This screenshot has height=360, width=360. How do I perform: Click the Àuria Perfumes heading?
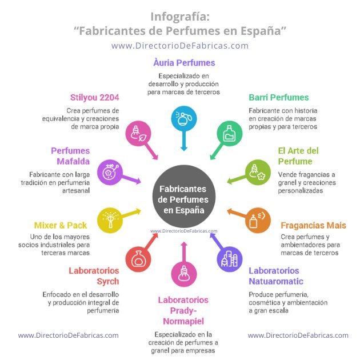[x=184, y=63]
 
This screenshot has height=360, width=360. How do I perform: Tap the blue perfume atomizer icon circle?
[x=184, y=118]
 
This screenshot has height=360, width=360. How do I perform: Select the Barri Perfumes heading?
[x=279, y=97]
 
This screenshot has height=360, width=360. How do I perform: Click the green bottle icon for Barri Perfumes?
[x=230, y=134]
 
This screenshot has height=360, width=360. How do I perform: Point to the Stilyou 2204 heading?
[x=95, y=97]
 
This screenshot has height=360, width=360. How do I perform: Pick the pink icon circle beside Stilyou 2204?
[x=138, y=134]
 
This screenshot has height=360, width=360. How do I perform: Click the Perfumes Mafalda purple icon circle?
[x=110, y=173]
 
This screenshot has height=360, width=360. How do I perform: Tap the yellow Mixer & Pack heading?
[x=61, y=226]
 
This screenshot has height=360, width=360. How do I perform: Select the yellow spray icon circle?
[x=110, y=221]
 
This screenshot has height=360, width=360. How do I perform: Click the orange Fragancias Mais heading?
[x=313, y=226]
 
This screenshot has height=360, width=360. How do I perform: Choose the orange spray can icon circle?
[x=258, y=221]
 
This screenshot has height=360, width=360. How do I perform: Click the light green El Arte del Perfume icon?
[x=258, y=173]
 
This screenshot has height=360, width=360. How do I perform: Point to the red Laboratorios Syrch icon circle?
[x=138, y=259]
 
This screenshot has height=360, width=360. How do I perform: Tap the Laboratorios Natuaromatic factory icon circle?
[x=230, y=259]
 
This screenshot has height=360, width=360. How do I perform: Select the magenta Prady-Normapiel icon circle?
[x=184, y=274]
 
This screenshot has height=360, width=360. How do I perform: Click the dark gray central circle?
[x=184, y=197]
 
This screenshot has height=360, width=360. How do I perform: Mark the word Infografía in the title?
[x=180, y=17]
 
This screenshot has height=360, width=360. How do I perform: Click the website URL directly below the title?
[x=180, y=46]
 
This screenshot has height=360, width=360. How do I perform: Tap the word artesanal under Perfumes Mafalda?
[x=76, y=190]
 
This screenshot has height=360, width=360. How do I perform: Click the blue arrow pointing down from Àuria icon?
[x=184, y=141]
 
